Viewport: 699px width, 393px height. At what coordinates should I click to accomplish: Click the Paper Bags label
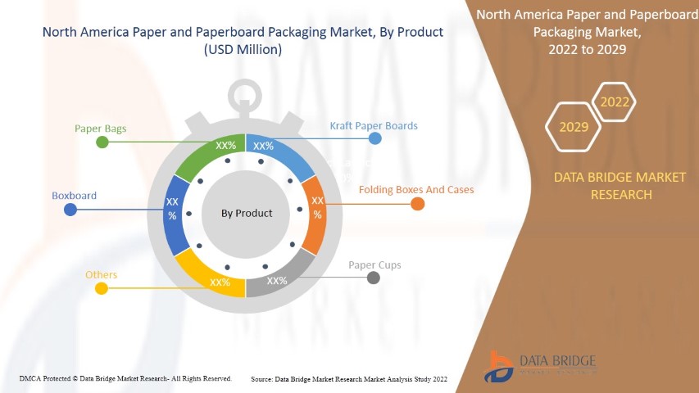pyautogui.click(x=100, y=129)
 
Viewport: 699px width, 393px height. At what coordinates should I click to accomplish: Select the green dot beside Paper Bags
pyautogui.click(x=102, y=142)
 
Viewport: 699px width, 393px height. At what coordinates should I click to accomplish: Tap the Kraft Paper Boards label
pyautogui.click(x=374, y=126)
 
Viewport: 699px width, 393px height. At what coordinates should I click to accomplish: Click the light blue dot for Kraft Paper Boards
pyautogui.click(x=374, y=138)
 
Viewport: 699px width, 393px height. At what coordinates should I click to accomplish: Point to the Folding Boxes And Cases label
pyautogui.click(x=416, y=190)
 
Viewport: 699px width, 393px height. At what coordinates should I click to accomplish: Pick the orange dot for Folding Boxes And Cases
pyautogui.click(x=417, y=204)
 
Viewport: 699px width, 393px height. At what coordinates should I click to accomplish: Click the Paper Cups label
pyautogui.click(x=374, y=265)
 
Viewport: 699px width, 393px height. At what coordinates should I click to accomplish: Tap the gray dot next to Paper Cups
pyautogui.click(x=374, y=278)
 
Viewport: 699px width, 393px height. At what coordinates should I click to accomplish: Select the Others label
pyautogui.click(x=102, y=275)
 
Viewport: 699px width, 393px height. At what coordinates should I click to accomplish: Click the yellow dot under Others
pyautogui.click(x=102, y=288)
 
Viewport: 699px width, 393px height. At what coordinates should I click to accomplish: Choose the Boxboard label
pyautogui.click(x=75, y=196)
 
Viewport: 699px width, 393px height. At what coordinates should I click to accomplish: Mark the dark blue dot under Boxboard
pyautogui.click(x=70, y=210)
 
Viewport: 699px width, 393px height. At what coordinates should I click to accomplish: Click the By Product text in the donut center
pyautogui.click(x=247, y=213)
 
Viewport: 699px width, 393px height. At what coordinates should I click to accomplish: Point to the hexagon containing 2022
pyautogui.click(x=614, y=102)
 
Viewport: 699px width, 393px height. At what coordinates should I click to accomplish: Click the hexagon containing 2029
pyautogui.click(x=573, y=127)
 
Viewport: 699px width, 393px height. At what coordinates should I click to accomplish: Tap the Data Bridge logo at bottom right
pyautogui.click(x=540, y=364)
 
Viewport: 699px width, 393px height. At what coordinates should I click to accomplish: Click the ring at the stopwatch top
pyautogui.click(x=246, y=97)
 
